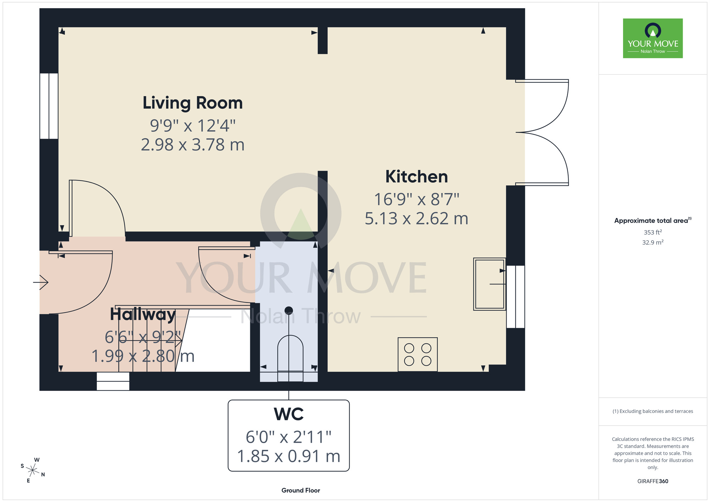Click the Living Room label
pyautogui.click(x=193, y=103)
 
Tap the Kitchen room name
pyautogui.click(x=417, y=176)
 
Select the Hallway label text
pyautogui.click(x=143, y=314)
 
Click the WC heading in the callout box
pyautogui.click(x=289, y=414)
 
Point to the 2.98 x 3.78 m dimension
pyautogui.click(x=193, y=145)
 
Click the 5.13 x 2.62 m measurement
pyautogui.click(x=417, y=219)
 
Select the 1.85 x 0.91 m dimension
pyautogui.click(x=289, y=457)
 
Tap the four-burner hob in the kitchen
pyautogui.click(x=417, y=354)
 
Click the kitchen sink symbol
pyautogui.click(x=490, y=284)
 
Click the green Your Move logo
pyautogui.click(x=653, y=38)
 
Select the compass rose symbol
pyautogui.click(x=33, y=470)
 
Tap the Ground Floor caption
pyautogui.click(x=301, y=490)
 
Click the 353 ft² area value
pyautogui.click(x=653, y=232)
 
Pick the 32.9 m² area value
pyautogui.click(x=653, y=242)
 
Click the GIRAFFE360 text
pyautogui.click(x=653, y=481)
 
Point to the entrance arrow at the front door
pyautogui.click(x=40, y=282)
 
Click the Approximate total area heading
pyautogui.click(x=653, y=220)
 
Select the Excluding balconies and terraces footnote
pyautogui.click(x=653, y=411)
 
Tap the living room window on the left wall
pyautogui.click(x=49, y=106)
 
